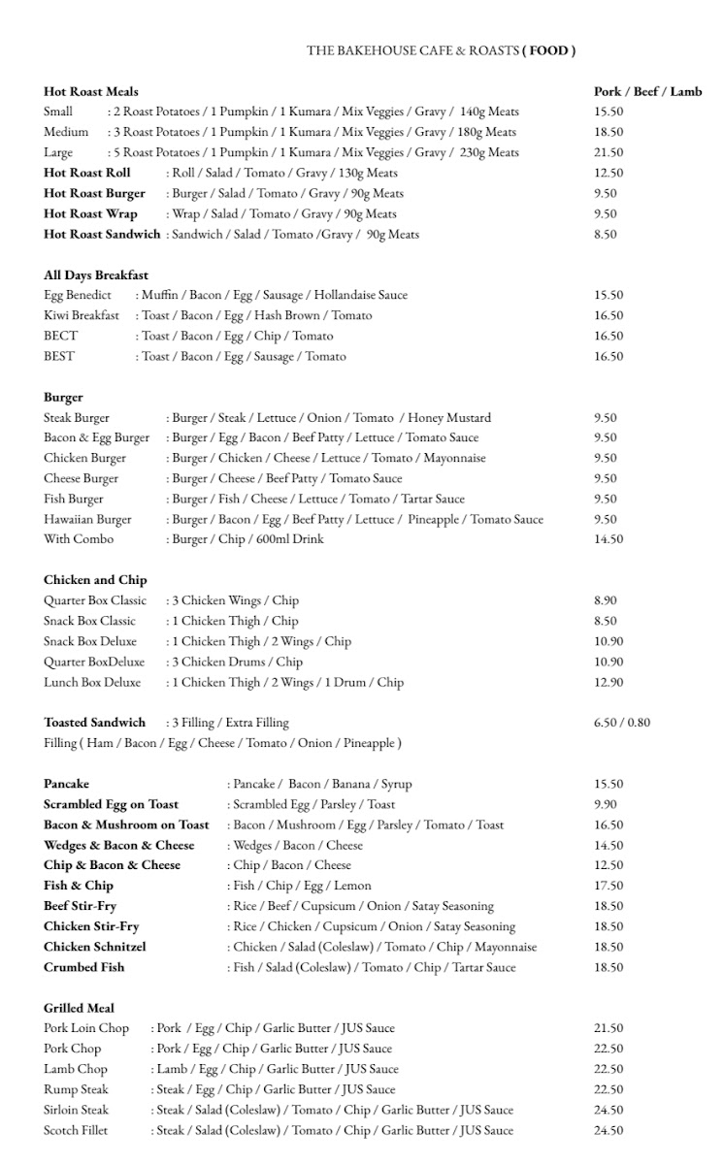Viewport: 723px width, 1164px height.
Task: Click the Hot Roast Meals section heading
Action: click(x=91, y=91)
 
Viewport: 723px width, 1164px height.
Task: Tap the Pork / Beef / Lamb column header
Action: click(x=647, y=91)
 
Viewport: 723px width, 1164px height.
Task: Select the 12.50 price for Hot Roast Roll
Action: click(x=608, y=173)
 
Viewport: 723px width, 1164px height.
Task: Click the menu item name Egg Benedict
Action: click(x=78, y=295)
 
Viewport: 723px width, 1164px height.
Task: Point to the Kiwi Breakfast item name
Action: click(x=82, y=315)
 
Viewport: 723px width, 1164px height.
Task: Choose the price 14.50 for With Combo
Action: click(x=608, y=539)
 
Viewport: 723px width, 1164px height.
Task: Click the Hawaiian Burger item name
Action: click(x=87, y=519)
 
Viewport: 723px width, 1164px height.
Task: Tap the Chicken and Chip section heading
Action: click(x=95, y=580)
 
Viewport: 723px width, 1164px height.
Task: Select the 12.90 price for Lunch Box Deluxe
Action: click(x=608, y=682)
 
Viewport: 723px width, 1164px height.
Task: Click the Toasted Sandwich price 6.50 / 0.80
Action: click(x=622, y=723)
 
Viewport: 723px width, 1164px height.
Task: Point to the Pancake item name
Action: click(x=66, y=784)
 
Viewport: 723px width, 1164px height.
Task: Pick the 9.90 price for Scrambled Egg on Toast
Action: click(x=606, y=804)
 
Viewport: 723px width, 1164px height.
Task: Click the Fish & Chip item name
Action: click(x=79, y=886)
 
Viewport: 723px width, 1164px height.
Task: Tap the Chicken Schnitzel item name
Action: click(x=95, y=947)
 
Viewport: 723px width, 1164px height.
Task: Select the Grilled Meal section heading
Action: click(x=79, y=1008)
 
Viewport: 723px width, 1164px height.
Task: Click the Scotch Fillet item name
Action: click(x=76, y=1130)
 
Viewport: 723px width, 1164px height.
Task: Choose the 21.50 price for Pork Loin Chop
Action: click(x=608, y=1028)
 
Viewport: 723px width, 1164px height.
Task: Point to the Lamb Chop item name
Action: click(x=76, y=1069)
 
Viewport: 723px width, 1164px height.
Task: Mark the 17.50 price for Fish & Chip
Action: click(x=608, y=886)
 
